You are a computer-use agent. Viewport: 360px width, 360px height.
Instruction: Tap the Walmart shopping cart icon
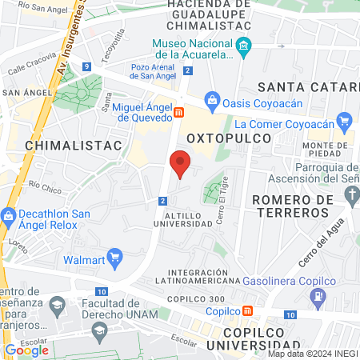point(114,258)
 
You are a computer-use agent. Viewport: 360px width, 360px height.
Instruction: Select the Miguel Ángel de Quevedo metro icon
point(180,114)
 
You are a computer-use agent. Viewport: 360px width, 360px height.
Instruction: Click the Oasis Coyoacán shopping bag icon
point(212,100)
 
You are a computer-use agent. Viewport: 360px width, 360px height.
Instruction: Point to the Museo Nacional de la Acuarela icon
point(244,48)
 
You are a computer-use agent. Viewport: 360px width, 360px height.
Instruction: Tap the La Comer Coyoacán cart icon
point(344,122)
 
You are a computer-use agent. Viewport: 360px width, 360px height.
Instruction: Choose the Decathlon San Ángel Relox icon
point(9,217)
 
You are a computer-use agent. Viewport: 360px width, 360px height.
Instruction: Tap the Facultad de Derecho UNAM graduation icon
point(57,305)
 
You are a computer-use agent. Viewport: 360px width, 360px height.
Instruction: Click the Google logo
point(26,350)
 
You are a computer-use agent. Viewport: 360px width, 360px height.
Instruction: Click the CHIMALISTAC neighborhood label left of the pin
point(73,145)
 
